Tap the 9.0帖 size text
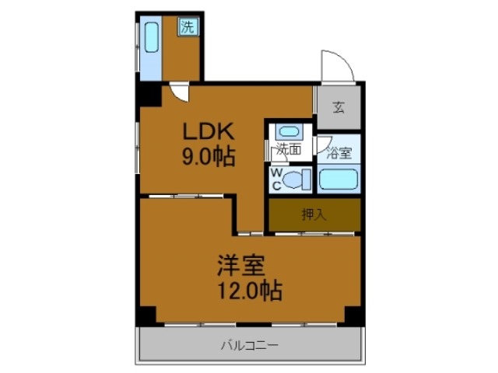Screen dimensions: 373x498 click(209, 156)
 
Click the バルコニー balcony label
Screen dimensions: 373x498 click(249, 344)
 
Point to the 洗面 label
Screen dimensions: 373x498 click(289, 151)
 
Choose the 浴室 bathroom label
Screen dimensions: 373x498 click(339, 153)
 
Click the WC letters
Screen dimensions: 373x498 click(276, 180)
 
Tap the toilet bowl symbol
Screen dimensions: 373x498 click(294, 180)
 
